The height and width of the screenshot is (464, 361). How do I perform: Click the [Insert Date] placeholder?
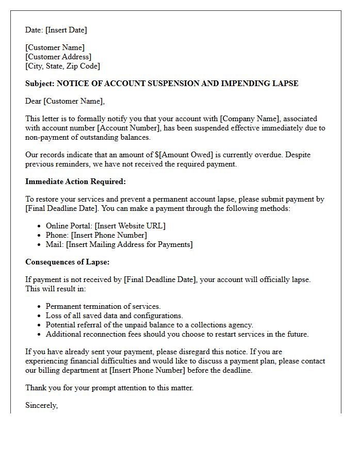point(66,30)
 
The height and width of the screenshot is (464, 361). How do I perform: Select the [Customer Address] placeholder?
point(58,57)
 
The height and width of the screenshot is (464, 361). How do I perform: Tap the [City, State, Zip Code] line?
point(62,66)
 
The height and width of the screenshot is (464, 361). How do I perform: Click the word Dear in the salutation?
point(33,101)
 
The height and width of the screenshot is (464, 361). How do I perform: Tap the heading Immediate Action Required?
point(75,181)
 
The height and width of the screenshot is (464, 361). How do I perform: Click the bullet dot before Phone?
point(40,236)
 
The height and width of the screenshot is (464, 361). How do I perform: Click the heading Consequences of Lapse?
point(67,262)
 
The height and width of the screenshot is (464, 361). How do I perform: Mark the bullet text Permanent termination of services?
point(103,306)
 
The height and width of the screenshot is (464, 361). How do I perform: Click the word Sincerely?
point(41,405)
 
